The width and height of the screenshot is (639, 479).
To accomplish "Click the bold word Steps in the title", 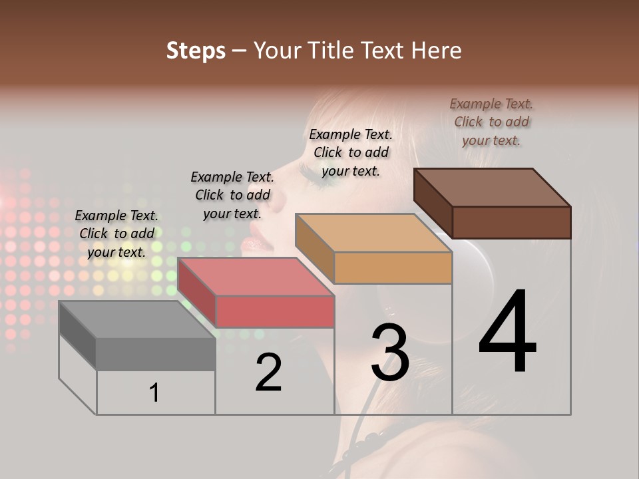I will (x=196, y=51).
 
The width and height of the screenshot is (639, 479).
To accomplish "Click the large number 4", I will (x=507, y=333).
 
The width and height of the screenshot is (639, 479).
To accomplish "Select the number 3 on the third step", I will (x=389, y=353).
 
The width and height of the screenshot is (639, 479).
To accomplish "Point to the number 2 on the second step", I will (x=269, y=373).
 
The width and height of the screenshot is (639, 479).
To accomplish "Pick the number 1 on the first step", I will (x=154, y=393).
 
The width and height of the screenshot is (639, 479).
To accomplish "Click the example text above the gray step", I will (x=116, y=234).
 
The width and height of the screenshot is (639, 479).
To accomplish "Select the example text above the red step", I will (x=232, y=195).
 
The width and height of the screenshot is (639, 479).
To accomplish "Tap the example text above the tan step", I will (x=351, y=152).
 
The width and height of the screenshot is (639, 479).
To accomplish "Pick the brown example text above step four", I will (x=491, y=122).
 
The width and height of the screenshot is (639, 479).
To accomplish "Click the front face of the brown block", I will (x=511, y=222).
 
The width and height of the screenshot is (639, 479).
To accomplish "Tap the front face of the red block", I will (x=275, y=311).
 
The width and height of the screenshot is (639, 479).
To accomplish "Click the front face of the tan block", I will (x=393, y=268).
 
